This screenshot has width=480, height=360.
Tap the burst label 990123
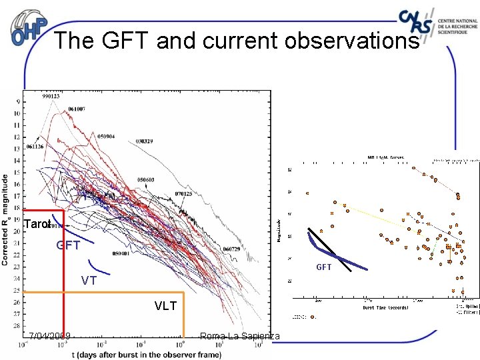[x=50, y=96]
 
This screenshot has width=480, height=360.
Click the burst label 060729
[x=231, y=249]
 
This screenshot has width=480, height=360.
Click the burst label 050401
[x=121, y=253]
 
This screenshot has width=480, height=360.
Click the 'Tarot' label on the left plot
[x=37, y=225]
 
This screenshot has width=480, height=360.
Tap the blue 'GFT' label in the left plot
[x=68, y=245]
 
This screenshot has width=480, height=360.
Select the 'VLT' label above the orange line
[x=166, y=306]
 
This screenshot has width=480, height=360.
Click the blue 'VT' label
[x=89, y=281]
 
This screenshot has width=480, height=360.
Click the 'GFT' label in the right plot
[x=323, y=267]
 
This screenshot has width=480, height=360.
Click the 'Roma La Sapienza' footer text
[x=240, y=336]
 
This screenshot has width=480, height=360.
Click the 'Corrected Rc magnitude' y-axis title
[x=6, y=220]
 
